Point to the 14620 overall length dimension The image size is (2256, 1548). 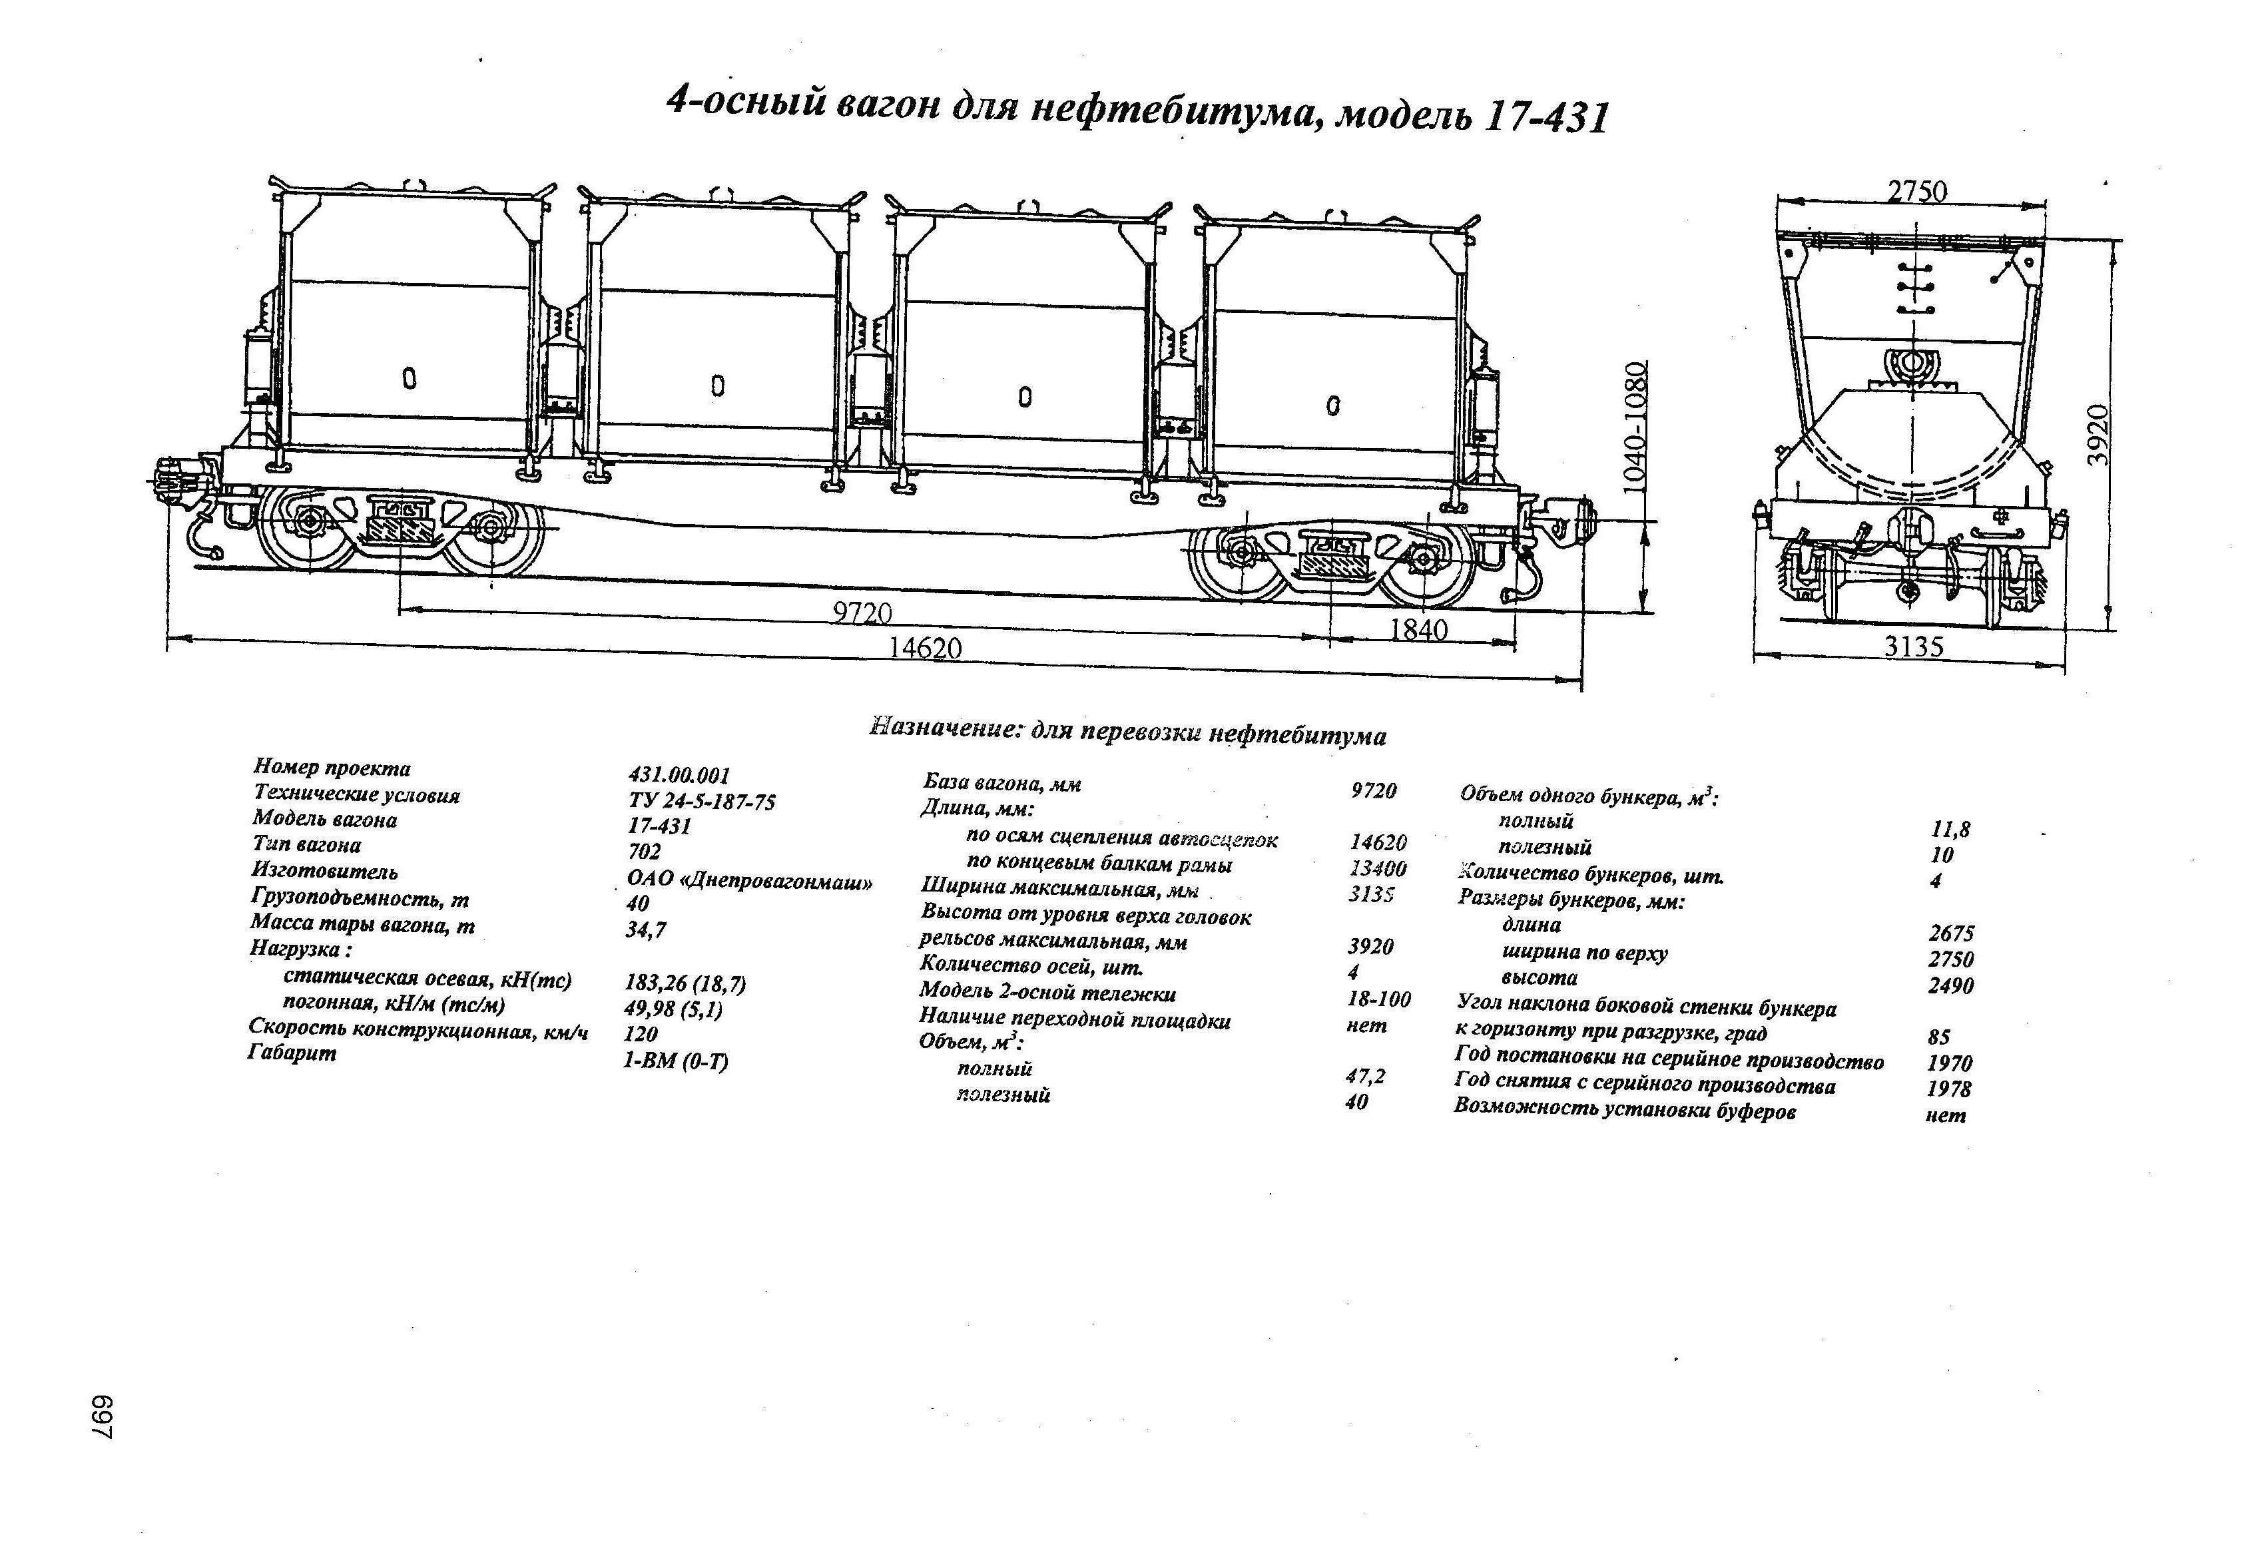[x=925, y=647]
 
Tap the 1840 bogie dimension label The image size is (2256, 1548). [x=1418, y=630]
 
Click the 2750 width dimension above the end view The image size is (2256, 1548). [x=1917, y=191]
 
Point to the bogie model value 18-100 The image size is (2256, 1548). [x=1378, y=999]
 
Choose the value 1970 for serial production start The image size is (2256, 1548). [x=1949, y=1063]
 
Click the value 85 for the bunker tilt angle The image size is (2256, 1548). [x=1938, y=1037]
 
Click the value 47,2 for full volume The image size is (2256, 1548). [x=1366, y=1075]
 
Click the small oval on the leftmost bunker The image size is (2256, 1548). [x=409, y=378]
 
